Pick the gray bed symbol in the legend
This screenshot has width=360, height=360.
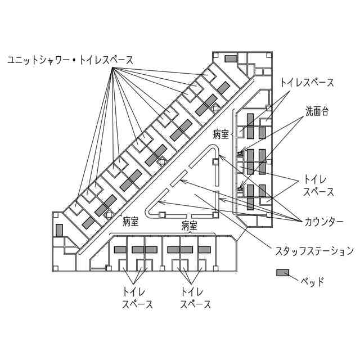coord(282,273)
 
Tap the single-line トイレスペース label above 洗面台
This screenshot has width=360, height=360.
coord(307,82)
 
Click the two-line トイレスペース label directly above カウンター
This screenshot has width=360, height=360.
coord(319,185)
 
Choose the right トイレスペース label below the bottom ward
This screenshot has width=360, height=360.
coord(195,298)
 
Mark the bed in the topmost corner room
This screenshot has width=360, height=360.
coord(231,59)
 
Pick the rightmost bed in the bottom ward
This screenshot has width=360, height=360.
coord(204,250)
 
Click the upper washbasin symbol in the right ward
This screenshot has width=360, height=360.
coord(240,152)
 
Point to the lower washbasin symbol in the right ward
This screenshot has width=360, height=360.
coord(240,189)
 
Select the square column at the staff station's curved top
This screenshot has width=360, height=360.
coord(215,161)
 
